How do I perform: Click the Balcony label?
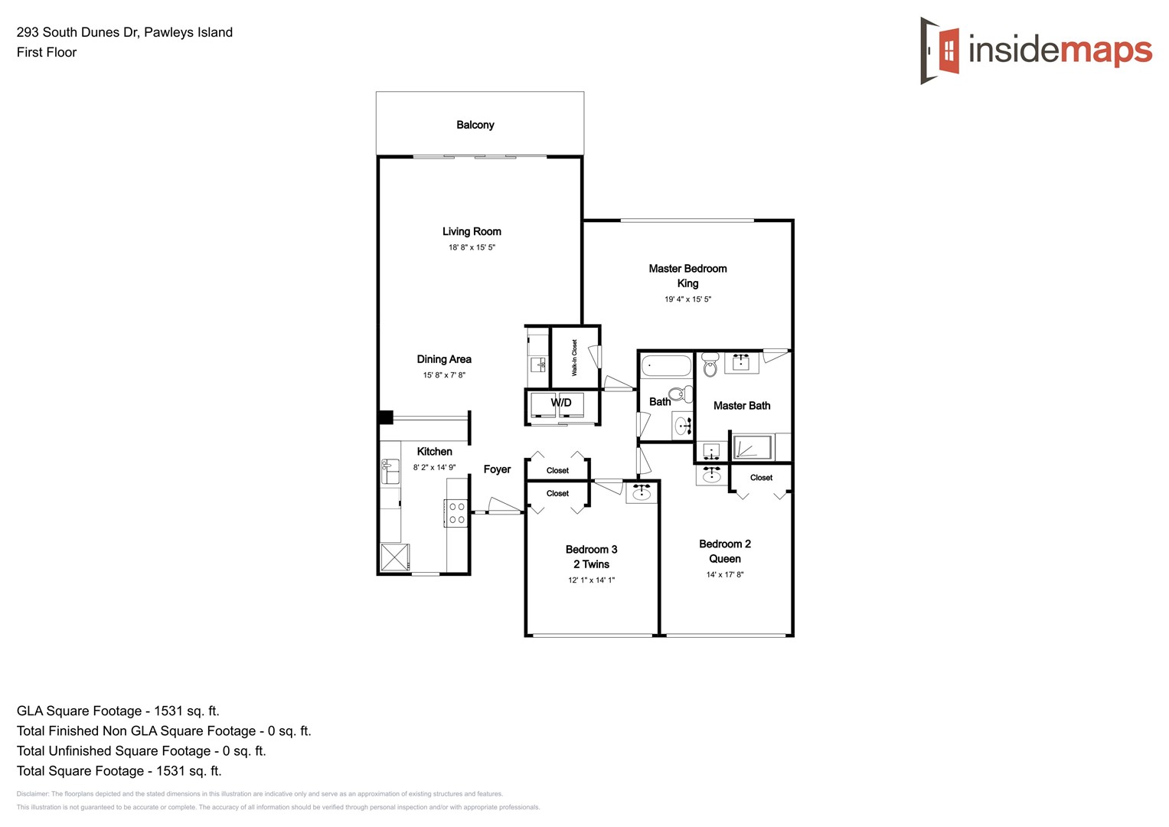(x=475, y=125)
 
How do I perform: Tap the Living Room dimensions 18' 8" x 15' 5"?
(x=472, y=247)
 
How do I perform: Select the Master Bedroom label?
(x=687, y=269)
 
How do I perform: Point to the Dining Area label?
(x=444, y=359)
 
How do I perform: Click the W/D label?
(x=561, y=403)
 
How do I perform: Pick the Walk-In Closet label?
(x=575, y=358)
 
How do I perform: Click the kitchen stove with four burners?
(x=456, y=513)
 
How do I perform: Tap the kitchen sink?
(x=390, y=472)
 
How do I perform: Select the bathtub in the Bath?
(x=666, y=365)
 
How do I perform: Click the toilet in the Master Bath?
(x=710, y=364)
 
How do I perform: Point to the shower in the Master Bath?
(x=753, y=447)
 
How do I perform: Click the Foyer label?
(x=497, y=469)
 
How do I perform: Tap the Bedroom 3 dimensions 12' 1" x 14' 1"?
(x=591, y=580)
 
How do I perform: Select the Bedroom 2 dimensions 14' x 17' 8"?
(x=724, y=574)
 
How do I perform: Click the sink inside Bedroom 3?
(x=642, y=493)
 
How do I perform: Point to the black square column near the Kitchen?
(x=386, y=417)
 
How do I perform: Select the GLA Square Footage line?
(x=118, y=711)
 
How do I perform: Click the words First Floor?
(x=47, y=52)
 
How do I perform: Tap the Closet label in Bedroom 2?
(x=761, y=478)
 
